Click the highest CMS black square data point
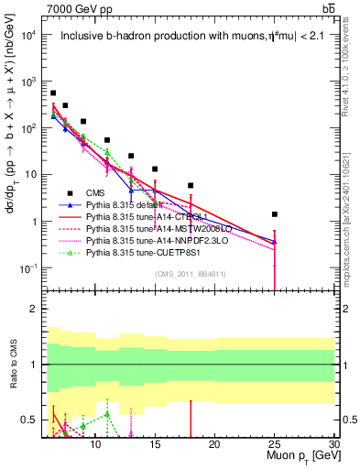point(53,93)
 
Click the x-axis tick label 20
point(214,443)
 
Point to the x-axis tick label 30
point(333,443)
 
